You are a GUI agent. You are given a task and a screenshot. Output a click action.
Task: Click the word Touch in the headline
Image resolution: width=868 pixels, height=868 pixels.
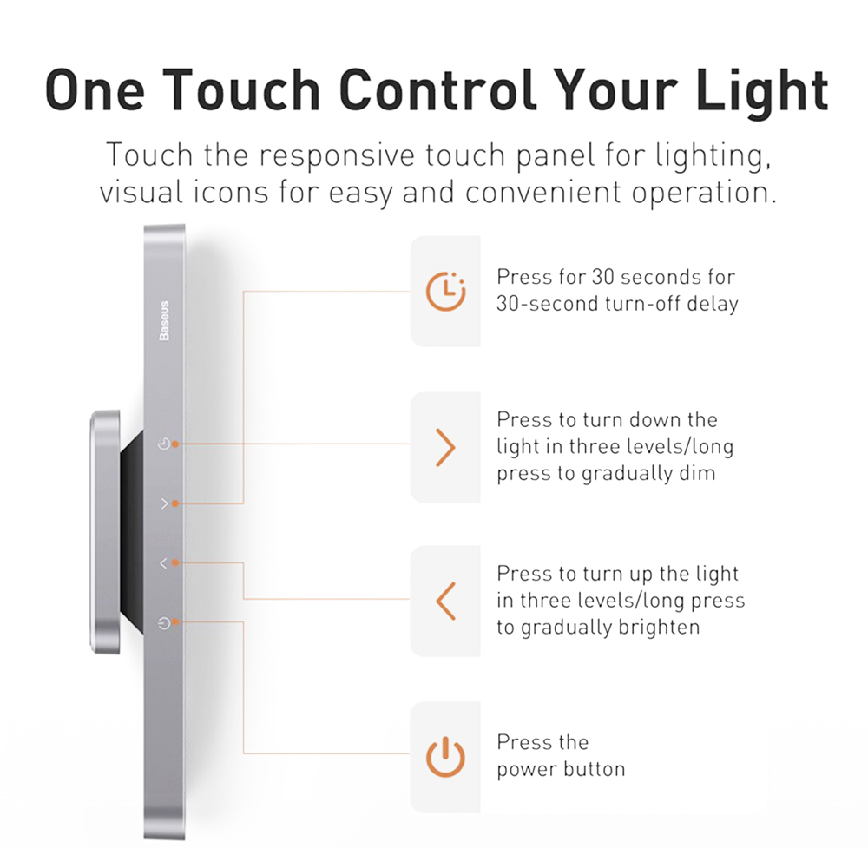(x=240, y=89)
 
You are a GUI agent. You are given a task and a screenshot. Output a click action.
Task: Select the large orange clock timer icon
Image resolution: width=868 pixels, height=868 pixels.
(x=445, y=292)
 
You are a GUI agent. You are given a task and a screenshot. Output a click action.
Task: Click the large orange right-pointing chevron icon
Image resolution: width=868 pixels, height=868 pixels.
(x=445, y=447)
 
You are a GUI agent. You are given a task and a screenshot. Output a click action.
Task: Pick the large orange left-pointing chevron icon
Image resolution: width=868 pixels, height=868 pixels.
(x=445, y=601)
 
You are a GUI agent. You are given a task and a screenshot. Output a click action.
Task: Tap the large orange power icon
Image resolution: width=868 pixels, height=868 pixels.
(x=445, y=757)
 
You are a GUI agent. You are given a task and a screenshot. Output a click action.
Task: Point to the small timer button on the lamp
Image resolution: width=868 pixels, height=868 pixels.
(x=164, y=444)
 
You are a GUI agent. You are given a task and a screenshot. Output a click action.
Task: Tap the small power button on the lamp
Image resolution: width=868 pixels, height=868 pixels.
(x=164, y=622)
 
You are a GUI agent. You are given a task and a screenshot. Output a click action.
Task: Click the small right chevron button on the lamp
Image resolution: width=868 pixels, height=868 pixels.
(x=164, y=503)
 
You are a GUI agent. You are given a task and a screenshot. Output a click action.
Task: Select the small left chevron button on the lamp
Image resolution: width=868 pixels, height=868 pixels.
(x=164, y=563)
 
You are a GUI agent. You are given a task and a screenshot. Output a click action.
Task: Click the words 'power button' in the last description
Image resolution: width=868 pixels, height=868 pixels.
(x=561, y=769)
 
